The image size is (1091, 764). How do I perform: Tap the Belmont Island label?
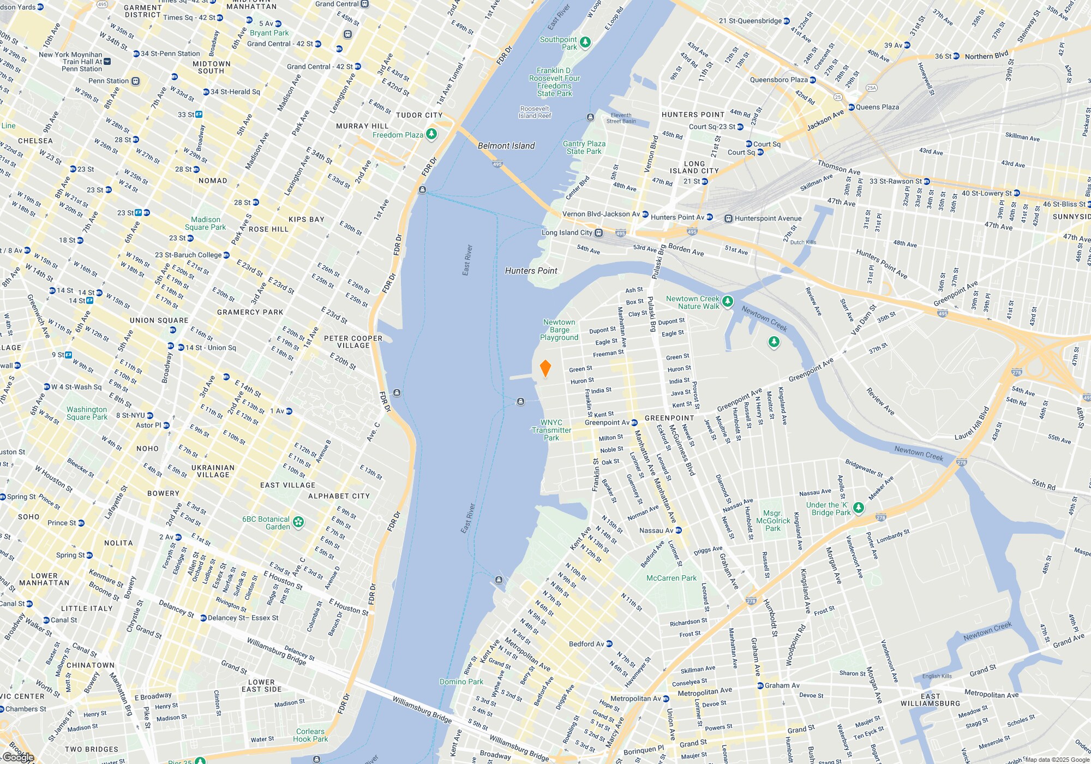(x=506, y=146)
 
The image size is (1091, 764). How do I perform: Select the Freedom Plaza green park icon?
(x=431, y=134)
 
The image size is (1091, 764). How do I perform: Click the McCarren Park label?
(x=671, y=578)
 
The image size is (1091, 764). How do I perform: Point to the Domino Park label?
(x=461, y=682)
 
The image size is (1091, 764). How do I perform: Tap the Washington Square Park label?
(x=87, y=413)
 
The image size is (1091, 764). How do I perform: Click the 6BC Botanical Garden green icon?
(x=298, y=522)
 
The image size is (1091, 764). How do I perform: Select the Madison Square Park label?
(x=205, y=223)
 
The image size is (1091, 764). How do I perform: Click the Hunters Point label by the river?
(x=531, y=271)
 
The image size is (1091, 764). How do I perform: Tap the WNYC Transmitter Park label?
(x=552, y=430)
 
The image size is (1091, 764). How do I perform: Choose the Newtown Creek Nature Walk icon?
(x=727, y=301)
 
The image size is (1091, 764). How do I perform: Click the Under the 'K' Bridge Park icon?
(x=858, y=508)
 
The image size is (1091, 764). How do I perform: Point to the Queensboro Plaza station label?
(x=778, y=80)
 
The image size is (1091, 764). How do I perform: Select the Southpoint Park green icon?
(x=585, y=42)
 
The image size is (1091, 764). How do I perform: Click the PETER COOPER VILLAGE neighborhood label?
(x=353, y=342)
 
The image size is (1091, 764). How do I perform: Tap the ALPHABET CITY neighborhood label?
(x=339, y=496)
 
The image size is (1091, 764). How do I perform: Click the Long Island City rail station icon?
(x=598, y=233)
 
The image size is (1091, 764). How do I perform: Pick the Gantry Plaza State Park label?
(x=584, y=147)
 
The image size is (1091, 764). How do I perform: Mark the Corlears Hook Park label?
(x=310, y=735)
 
